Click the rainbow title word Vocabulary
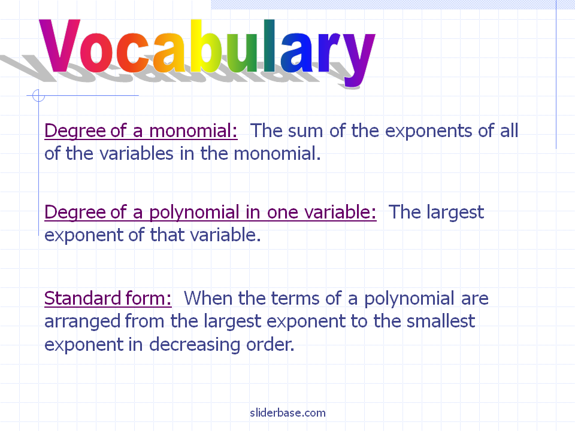pyautogui.click(x=207, y=51)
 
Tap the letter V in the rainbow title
pyautogui.click(x=59, y=45)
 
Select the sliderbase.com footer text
pyautogui.click(x=287, y=412)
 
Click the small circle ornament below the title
pyautogui.click(x=38, y=96)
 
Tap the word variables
pyautogui.click(x=137, y=154)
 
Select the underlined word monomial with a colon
pyautogui.click(x=193, y=131)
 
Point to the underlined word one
pyautogui.click(x=282, y=213)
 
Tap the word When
pyautogui.click(x=208, y=298)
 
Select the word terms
pyautogui.click(x=295, y=299)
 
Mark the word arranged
pyautogui.click(x=83, y=323)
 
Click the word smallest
pyautogui.click(x=441, y=321)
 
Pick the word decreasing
pyautogui.click(x=195, y=345)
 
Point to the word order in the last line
pyautogui.click(x=270, y=345)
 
